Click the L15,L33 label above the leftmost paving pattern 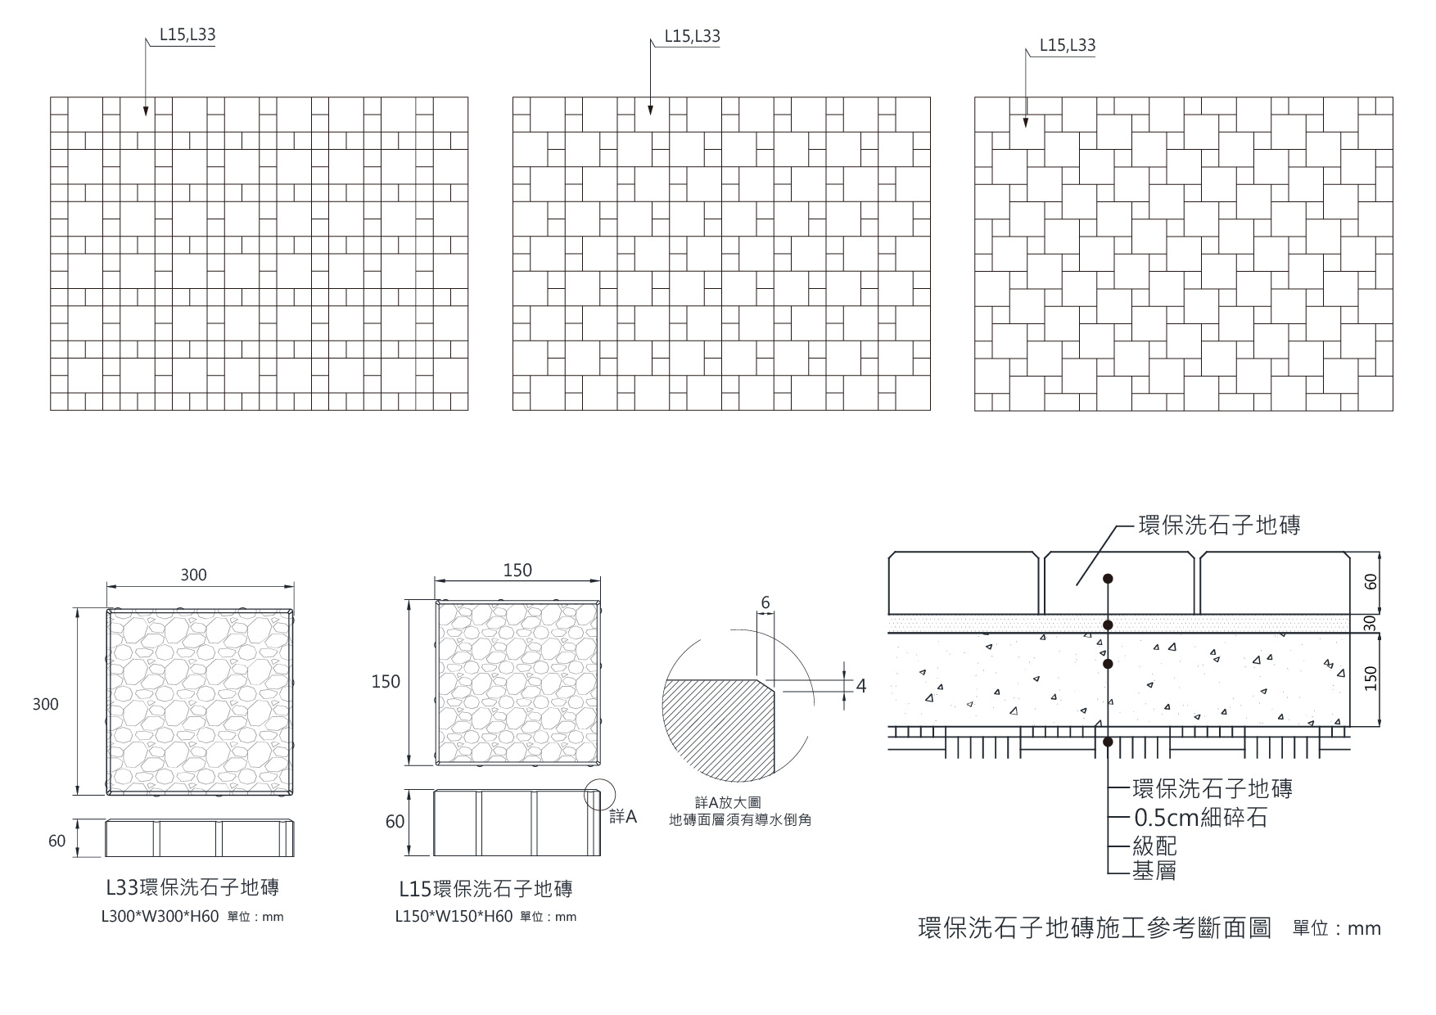coord(187,35)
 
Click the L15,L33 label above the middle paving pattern coord(692,36)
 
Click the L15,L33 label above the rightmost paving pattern coord(1067,45)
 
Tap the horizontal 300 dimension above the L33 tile coord(194,575)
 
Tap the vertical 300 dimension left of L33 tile coord(46,704)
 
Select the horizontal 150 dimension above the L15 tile coord(517,570)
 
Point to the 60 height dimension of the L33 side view coord(56,841)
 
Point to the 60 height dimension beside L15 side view coord(395,821)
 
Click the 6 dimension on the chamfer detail coord(765,603)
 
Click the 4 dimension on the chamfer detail coord(860,686)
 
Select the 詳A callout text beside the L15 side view coord(623,817)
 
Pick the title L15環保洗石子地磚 coord(485,888)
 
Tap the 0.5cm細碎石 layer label coord(1200,817)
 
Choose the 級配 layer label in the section coord(1154,846)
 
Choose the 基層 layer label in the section coord(1154,872)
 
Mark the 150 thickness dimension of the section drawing coord(1371,679)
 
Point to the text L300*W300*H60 coord(160,917)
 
